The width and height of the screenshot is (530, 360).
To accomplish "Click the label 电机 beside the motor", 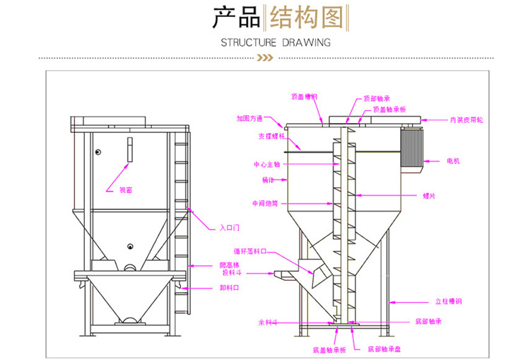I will tap(452, 162).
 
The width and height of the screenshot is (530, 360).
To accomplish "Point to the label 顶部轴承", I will tap(377, 99).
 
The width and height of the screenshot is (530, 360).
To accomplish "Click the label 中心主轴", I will tap(267, 163).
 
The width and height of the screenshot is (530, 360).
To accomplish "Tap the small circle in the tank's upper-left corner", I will tap(98, 151).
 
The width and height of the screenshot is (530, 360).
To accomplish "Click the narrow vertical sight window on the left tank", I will tap(129, 151).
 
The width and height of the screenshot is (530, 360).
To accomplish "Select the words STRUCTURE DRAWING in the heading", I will tap(276, 42).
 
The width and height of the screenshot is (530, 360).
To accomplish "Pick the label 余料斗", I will tap(268, 322).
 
